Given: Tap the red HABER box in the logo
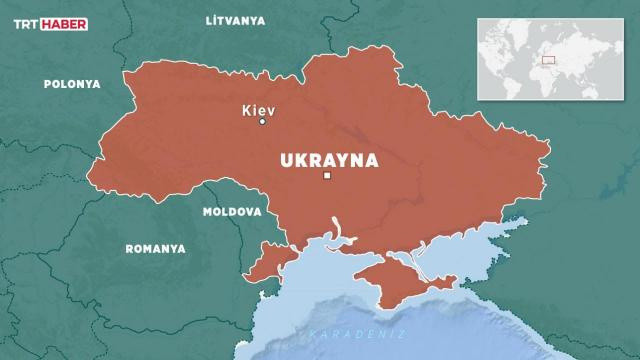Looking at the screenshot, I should [67, 22].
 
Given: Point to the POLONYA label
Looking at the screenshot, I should [71, 85].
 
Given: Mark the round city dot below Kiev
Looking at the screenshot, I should [263, 122].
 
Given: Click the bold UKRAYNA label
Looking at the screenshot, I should [328, 159].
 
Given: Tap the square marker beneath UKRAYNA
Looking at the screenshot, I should [327, 177].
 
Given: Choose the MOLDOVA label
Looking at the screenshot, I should [231, 213].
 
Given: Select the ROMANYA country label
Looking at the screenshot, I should [155, 247].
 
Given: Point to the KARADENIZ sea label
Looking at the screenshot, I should [345, 333].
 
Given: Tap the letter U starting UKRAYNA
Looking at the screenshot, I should [287, 159].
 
